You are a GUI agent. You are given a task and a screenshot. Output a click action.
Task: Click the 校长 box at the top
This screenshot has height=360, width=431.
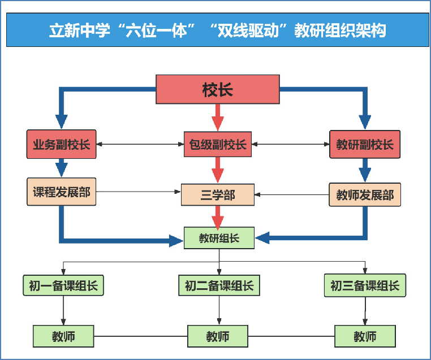coord(218,89)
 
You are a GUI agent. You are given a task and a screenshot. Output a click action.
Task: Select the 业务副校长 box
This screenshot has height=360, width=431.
coord(62,145)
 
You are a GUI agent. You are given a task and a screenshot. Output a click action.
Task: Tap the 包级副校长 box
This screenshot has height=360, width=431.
coord(218,145)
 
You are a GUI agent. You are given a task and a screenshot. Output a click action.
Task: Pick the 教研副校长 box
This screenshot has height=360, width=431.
coord(365,145)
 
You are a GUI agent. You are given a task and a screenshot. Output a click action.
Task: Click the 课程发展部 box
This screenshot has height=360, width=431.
coord(62,192)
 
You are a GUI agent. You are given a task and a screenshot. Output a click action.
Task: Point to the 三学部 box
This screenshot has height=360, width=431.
coord(218,195)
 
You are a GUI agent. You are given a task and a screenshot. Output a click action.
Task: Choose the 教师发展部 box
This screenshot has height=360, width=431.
coord(365,195)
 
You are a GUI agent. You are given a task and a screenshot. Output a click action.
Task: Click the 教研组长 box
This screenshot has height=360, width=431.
coord(219,238)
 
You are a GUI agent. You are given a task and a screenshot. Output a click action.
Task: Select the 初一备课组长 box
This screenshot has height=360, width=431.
coord(63,285)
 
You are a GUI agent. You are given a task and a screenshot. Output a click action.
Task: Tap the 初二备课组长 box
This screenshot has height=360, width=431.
coord(219,285)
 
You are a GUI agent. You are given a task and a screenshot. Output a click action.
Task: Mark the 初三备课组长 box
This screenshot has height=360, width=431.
coord(365,285)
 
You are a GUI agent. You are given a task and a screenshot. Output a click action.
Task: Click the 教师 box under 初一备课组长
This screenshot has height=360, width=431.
coord(63,336)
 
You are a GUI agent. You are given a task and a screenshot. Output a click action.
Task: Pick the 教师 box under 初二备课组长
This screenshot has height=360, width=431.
coord(218,336)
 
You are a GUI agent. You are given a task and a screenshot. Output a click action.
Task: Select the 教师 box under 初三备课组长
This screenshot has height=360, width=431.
coord(365,336)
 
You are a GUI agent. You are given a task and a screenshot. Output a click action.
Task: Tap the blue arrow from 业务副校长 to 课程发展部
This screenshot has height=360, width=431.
coord(62,168)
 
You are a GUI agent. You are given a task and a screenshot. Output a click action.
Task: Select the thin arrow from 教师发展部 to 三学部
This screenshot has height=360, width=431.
coord(291,196)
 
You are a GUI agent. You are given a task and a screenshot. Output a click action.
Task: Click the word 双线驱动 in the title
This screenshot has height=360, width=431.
coord(254,31)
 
